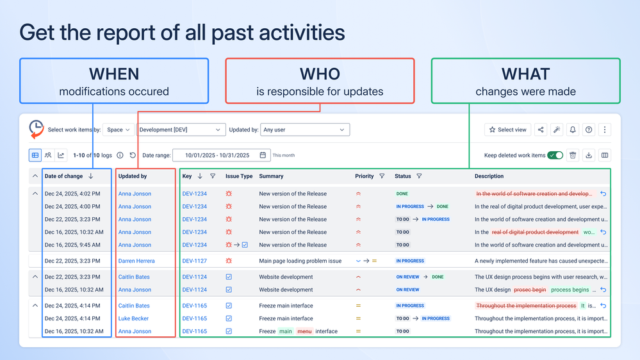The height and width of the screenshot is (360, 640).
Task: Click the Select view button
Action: [508, 129]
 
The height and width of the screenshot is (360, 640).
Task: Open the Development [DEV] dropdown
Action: [181, 129]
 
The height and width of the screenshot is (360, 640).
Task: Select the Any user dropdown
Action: [304, 129]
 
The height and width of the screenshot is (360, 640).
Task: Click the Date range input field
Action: [221, 155]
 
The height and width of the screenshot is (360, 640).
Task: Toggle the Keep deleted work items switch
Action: [555, 155]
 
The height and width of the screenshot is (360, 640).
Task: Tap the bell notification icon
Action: [573, 129]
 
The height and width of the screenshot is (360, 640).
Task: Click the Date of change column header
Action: [63, 176]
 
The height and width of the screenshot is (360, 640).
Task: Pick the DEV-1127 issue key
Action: [194, 261]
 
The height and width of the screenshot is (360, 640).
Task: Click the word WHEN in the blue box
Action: [114, 74]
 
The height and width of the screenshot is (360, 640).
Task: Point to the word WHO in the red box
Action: [320, 74]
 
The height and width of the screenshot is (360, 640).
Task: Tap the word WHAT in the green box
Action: [525, 74]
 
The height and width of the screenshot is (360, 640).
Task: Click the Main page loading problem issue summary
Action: [300, 261]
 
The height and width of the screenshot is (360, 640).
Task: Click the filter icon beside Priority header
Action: [382, 176]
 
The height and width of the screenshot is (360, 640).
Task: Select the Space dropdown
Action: [119, 129]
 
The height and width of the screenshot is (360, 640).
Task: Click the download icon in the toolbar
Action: [589, 155]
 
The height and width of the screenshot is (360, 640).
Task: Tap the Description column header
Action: [489, 176]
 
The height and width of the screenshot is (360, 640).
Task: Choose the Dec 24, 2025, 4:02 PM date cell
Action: [72, 193]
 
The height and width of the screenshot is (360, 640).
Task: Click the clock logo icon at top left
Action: [37, 128]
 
